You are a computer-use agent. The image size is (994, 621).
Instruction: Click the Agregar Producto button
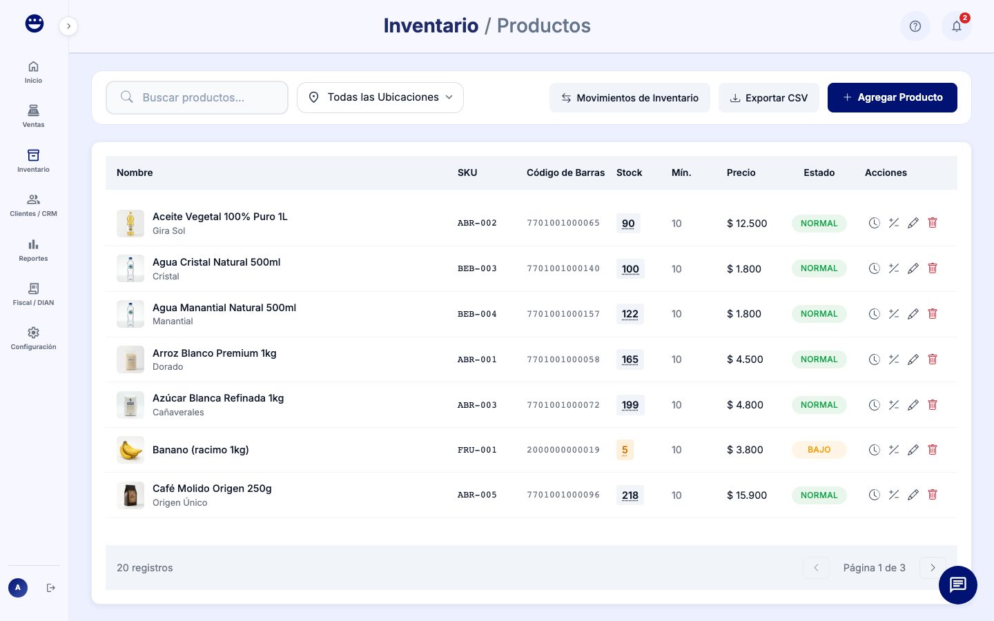(892, 97)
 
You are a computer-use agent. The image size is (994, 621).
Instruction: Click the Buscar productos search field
(197, 97)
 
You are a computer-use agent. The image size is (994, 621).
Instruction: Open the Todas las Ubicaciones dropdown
(380, 97)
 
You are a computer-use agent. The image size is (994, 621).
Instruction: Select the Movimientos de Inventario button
(630, 98)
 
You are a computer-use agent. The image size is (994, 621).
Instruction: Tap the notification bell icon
(956, 26)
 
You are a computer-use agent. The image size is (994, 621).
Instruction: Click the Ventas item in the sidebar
(33, 116)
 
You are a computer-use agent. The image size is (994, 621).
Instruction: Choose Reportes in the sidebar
(33, 250)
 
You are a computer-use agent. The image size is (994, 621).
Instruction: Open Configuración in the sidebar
(33, 338)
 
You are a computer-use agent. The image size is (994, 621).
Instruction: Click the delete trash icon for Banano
(933, 450)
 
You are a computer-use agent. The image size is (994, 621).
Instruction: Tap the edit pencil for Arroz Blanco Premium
(913, 359)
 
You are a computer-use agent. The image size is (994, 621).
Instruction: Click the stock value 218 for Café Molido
(630, 495)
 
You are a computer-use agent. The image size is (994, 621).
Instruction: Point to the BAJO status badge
(819, 450)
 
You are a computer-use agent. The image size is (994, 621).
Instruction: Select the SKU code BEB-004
(477, 314)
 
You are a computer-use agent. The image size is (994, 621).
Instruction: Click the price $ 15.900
(747, 495)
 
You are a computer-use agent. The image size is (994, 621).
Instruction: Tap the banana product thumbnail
(130, 450)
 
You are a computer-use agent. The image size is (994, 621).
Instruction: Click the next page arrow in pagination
(933, 568)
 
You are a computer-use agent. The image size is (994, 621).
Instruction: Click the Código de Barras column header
(565, 172)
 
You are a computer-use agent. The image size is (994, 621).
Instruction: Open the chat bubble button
(957, 585)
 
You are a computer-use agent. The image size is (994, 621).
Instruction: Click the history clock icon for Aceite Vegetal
(874, 223)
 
